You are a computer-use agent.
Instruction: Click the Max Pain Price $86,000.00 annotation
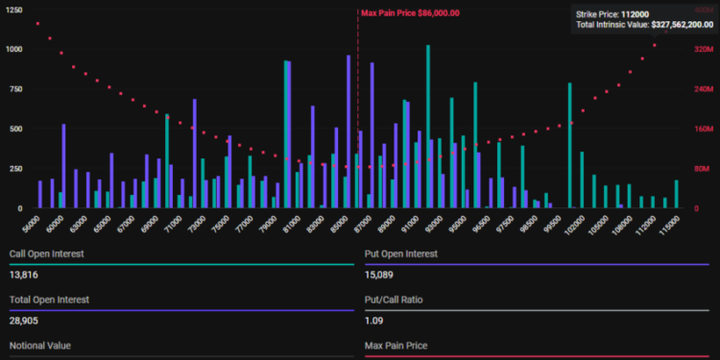410,13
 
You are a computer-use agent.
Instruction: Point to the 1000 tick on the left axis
13,48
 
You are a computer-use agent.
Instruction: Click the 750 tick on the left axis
15,88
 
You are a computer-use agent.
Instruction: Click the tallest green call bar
427,125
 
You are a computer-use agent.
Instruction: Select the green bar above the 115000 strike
676,194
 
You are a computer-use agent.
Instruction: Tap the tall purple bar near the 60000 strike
64,165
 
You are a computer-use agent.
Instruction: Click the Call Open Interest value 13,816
24,276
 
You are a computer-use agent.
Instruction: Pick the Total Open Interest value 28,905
24,322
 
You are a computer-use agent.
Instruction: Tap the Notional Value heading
39,345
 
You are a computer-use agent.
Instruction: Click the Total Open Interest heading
49,300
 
